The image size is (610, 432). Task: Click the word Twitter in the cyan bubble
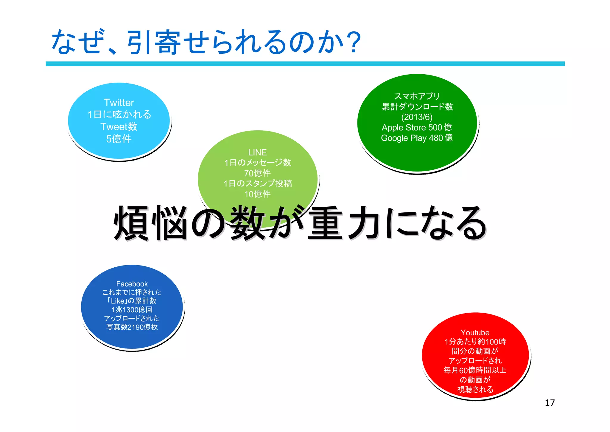click(x=119, y=103)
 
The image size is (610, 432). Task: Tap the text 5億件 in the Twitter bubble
click(x=119, y=139)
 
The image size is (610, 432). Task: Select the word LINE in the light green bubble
click(x=257, y=152)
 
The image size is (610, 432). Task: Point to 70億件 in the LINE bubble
click(x=257, y=173)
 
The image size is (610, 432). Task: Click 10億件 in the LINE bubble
click(x=257, y=194)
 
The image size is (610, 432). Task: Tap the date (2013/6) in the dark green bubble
click(x=417, y=117)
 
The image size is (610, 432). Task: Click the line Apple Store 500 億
click(x=417, y=127)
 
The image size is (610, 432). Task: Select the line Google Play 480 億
click(x=417, y=138)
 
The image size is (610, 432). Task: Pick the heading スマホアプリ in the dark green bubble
click(x=417, y=96)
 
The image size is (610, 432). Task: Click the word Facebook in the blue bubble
click(x=132, y=284)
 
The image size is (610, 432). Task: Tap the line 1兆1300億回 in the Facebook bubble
click(x=132, y=310)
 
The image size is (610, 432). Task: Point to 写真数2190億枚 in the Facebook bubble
click(x=132, y=327)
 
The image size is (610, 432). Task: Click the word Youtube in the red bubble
click(x=475, y=332)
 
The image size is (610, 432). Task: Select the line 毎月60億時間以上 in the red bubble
click(x=475, y=370)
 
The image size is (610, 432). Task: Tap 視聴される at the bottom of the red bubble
click(x=475, y=389)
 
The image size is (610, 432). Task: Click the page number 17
click(x=550, y=403)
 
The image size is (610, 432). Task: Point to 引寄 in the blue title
click(x=154, y=43)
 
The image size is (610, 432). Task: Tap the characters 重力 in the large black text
click(x=344, y=223)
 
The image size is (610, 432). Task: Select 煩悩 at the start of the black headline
click(x=150, y=223)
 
